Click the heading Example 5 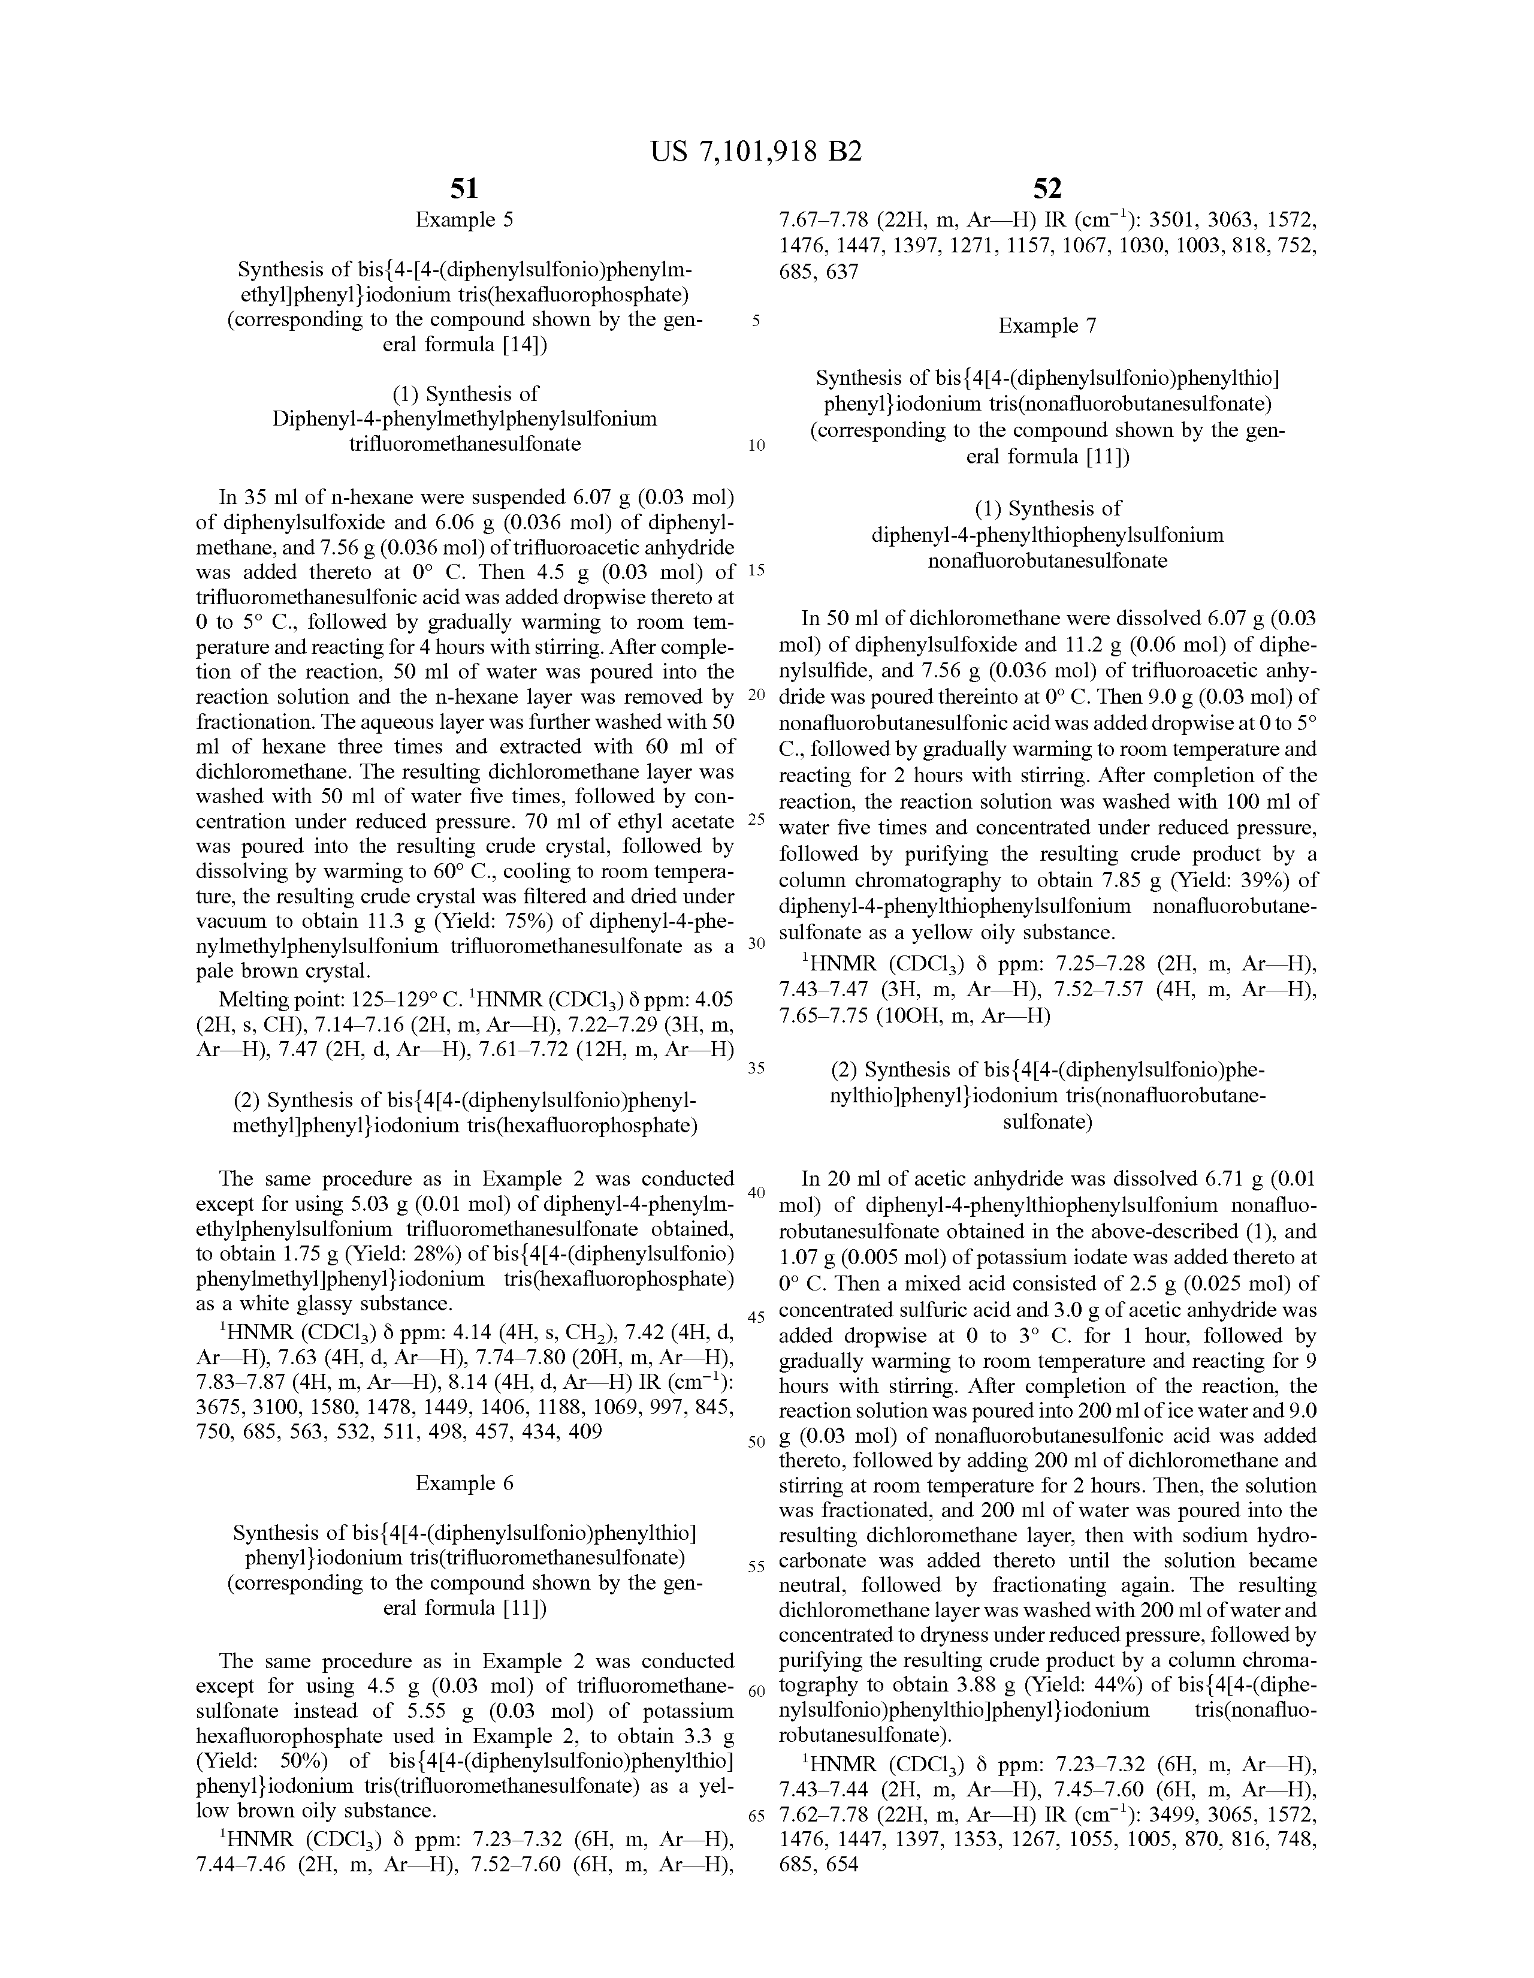pyautogui.click(x=464, y=220)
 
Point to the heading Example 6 pyautogui.click(x=464, y=1482)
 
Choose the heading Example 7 pyautogui.click(x=1047, y=326)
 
